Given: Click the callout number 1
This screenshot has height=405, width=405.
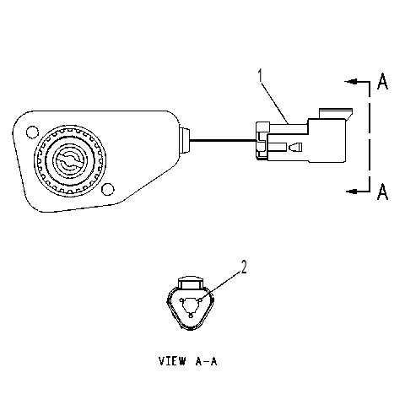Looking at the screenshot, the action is (261, 72).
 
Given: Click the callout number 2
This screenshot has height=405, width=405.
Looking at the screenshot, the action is (244, 267).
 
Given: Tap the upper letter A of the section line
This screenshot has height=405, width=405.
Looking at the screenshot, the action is (382, 81).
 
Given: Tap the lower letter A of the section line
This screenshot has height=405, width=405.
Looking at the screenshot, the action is (382, 192).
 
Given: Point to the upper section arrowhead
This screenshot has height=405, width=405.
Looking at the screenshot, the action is (351, 82).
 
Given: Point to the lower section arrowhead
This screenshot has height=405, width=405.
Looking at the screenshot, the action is (352, 192).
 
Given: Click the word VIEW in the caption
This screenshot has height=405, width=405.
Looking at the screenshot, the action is (172, 361).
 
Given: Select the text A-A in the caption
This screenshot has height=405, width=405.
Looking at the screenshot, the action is (206, 361).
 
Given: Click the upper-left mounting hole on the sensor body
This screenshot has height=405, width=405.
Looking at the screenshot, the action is (32, 132).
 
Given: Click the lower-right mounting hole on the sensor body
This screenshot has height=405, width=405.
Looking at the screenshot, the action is (107, 189).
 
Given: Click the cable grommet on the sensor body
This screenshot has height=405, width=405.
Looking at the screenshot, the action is (185, 140).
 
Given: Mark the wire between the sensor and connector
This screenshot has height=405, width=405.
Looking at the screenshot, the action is (223, 140).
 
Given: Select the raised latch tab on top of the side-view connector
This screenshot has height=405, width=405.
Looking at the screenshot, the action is (336, 114).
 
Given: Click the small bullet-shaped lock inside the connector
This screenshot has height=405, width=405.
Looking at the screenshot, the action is (295, 147).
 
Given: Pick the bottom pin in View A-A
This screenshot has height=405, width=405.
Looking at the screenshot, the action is (191, 316).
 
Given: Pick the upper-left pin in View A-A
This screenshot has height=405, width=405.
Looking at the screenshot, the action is (181, 300).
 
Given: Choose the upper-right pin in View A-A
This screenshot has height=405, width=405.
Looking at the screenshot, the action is (199, 300).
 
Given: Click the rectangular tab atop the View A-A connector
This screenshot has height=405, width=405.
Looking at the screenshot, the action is (191, 283).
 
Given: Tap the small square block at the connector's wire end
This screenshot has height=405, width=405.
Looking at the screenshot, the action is (262, 127).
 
